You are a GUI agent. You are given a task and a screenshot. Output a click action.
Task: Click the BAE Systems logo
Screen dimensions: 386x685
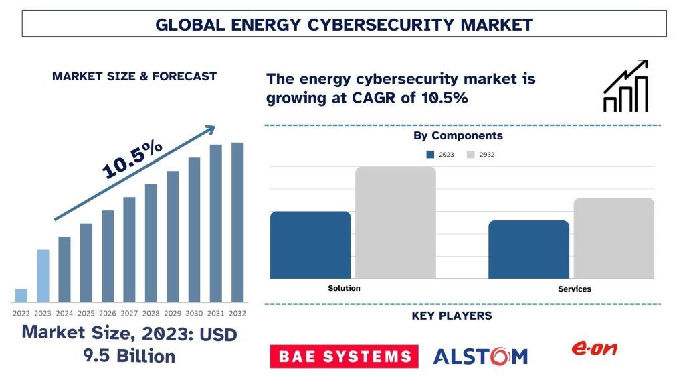[344, 357]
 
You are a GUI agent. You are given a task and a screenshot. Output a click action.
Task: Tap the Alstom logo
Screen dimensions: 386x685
[480, 357]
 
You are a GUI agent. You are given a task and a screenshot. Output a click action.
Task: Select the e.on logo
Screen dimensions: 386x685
[593, 348]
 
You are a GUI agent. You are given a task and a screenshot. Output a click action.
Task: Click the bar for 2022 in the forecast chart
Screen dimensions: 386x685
[21, 296]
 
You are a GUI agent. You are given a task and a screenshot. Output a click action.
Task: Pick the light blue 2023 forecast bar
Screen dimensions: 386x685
[43, 275]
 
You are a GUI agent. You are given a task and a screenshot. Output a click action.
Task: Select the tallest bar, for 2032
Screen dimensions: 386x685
[237, 222]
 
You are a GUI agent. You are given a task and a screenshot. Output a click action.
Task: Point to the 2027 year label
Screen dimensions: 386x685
[129, 313]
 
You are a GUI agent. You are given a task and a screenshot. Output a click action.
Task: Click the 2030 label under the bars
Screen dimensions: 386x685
[194, 313]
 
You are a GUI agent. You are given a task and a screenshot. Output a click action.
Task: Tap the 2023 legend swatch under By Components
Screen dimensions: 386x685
[431, 155]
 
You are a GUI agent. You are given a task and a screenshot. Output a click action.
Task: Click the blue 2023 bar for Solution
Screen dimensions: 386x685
[310, 245]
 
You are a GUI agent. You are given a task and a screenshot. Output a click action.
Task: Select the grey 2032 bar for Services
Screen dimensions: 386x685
[613, 238]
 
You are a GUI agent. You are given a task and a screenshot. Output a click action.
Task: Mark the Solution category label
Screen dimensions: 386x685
[344, 288]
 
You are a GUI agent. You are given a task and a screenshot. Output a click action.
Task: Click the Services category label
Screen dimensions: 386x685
[575, 289]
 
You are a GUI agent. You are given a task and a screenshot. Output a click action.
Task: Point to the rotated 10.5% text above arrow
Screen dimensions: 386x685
[132, 159]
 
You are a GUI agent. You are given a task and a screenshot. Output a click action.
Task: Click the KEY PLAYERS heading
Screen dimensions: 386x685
[452, 316]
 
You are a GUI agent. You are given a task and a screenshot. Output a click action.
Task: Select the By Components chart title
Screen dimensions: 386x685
[458, 136]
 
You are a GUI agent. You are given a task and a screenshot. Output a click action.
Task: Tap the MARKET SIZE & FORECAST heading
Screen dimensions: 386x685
[134, 76]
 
